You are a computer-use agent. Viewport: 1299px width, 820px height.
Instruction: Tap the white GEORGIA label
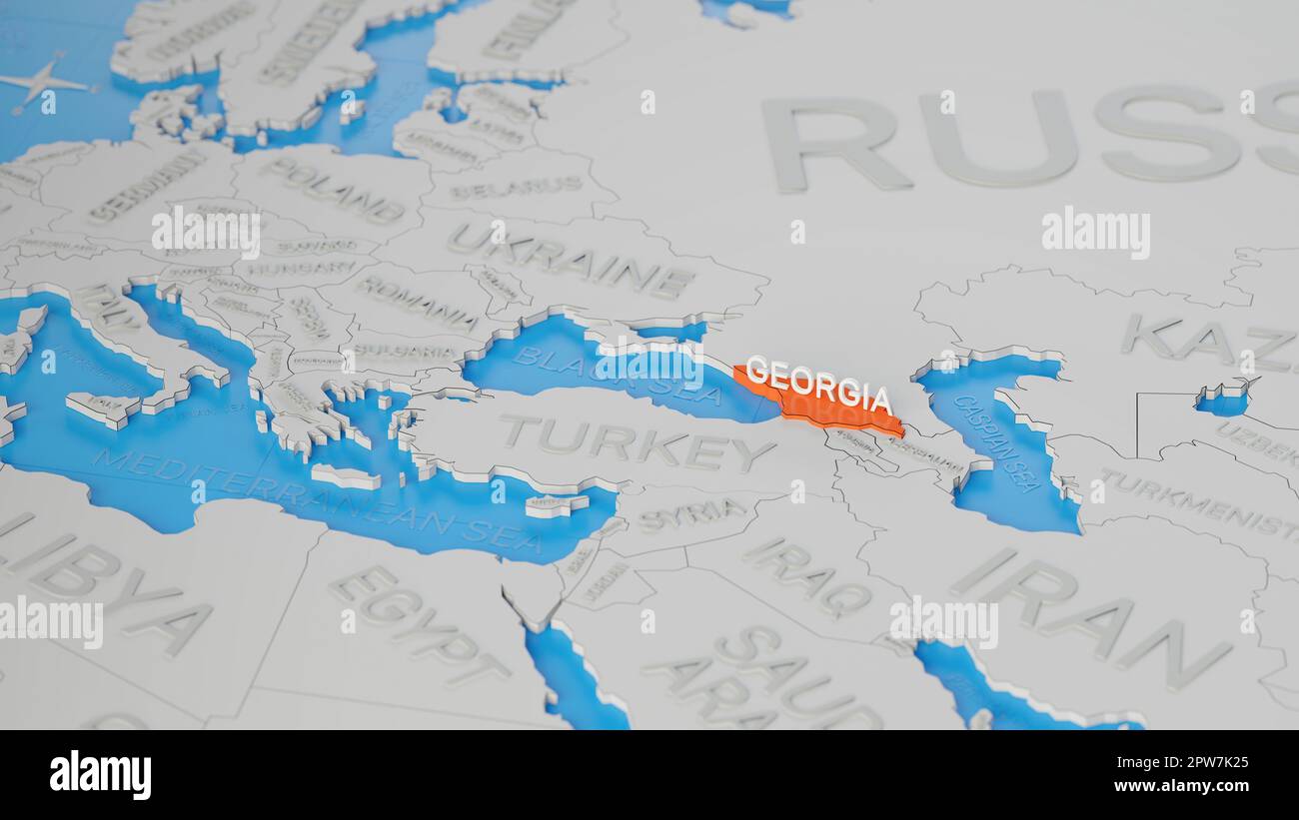tap(818, 385)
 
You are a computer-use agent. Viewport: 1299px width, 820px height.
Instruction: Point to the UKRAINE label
tap(570, 259)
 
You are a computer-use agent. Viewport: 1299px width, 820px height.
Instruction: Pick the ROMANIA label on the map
tap(417, 302)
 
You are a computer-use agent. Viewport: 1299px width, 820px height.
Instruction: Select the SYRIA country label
tap(690, 513)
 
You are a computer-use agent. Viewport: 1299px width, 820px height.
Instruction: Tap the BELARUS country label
tap(516, 187)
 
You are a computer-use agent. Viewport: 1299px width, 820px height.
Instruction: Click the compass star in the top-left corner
tap(41, 83)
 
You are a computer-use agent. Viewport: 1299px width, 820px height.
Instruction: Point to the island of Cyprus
tap(556, 505)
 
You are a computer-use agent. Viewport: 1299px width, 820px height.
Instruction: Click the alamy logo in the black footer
tap(101, 775)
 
